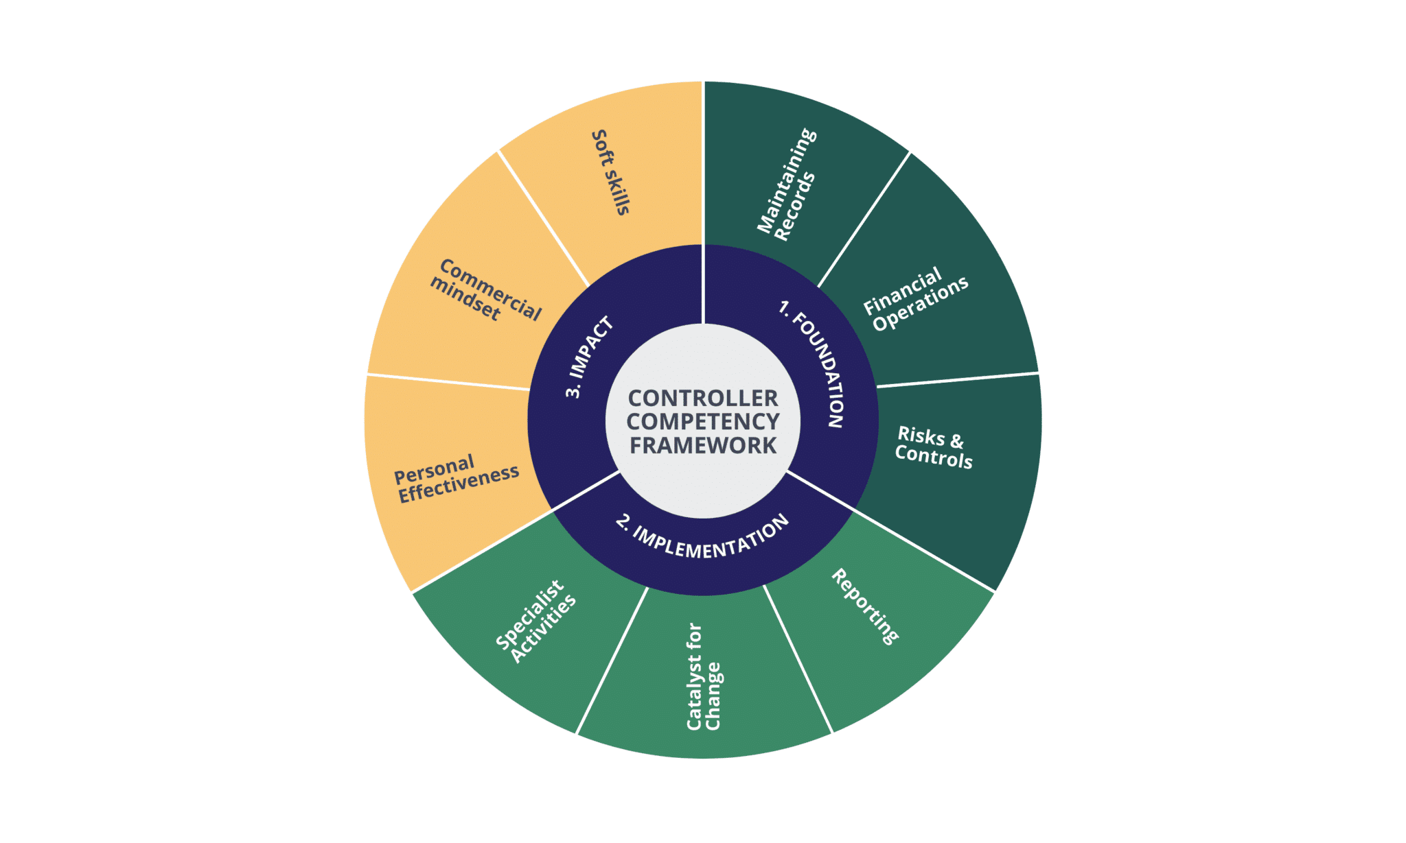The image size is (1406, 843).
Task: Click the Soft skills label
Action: [610, 172]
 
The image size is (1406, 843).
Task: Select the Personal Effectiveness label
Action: [456, 478]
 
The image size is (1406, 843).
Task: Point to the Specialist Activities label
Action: [536, 621]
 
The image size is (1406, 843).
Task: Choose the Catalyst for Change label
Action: [704, 676]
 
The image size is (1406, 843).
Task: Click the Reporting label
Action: [865, 607]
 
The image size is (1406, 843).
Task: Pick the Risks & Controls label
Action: [934, 447]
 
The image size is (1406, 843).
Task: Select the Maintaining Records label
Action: [787, 185]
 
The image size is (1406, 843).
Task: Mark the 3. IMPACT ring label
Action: [588, 357]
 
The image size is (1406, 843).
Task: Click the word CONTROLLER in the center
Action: [703, 398]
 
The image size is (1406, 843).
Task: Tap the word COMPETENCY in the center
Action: [703, 421]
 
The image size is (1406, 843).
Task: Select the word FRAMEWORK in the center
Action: [703, 445]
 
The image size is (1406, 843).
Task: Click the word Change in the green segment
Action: [713, 696]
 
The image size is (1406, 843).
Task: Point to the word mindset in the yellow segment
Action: [465, 299]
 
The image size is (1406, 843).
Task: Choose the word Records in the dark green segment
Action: [795, 206]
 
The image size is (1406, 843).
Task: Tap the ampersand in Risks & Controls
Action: [956, 441]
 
